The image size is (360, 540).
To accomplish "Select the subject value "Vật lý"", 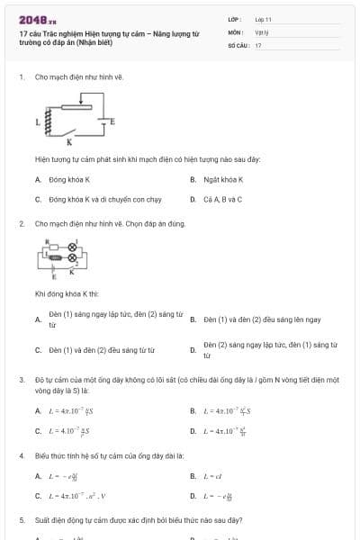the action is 262,31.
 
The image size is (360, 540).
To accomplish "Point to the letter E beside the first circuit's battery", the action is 112,120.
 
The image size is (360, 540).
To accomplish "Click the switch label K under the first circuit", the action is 71,141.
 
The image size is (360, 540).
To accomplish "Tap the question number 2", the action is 22,222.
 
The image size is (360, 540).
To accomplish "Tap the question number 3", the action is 22,380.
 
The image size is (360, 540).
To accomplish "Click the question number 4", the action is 22,456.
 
